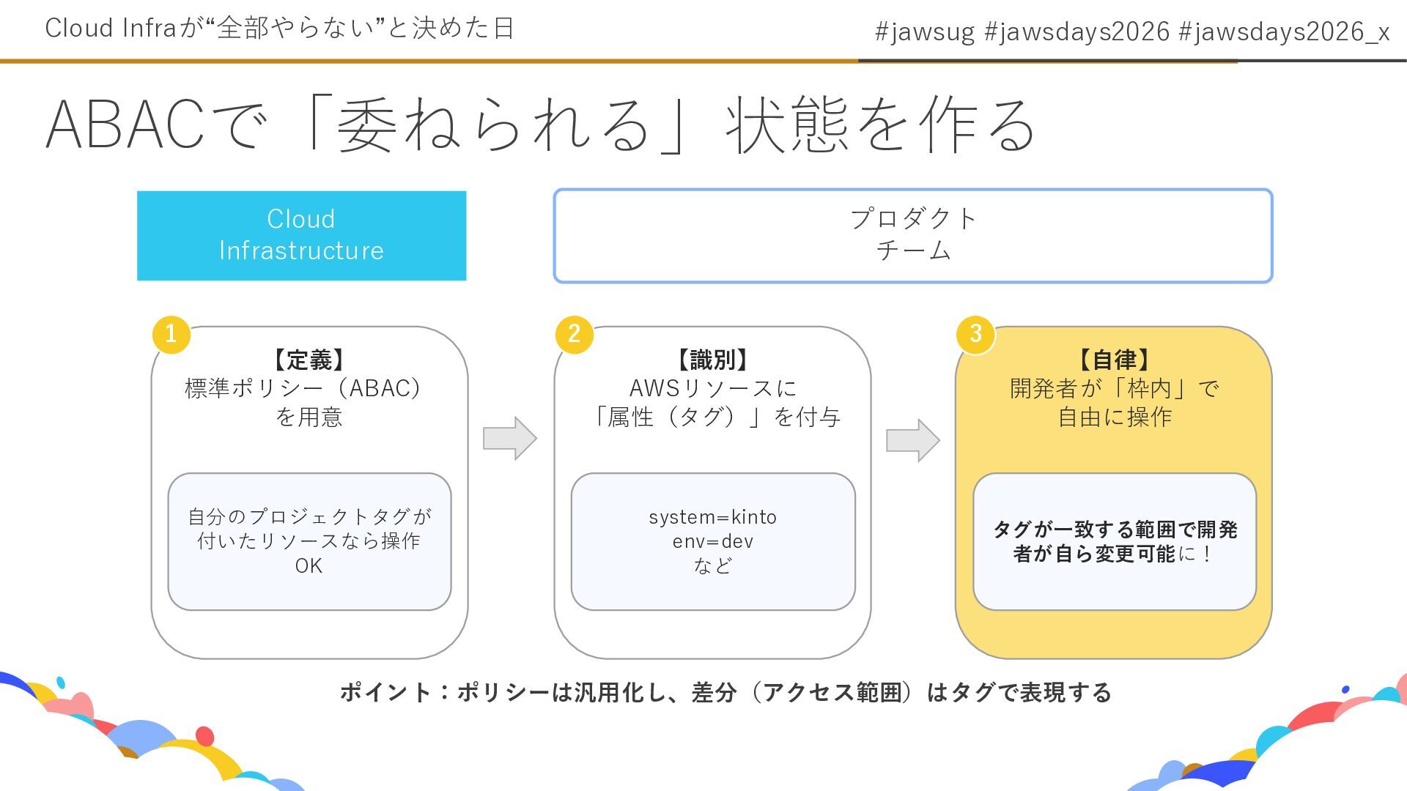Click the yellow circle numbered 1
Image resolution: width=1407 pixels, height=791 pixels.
tap(171, 334)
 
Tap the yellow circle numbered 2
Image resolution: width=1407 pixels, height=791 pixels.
tap(574, 334)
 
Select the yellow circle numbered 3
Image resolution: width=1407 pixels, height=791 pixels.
tap(975, 334)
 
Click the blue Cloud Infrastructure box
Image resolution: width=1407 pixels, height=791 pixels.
tap(301, 235)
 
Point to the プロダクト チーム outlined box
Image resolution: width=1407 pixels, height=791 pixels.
tap(912, 235)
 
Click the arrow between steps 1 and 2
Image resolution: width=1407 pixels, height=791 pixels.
tap(510, 439)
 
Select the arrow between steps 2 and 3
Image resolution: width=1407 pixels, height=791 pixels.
tap(912, 440)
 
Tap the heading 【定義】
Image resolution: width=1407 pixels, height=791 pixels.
tap(309, 360)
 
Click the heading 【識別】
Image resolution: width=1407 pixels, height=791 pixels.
tap(712, 360)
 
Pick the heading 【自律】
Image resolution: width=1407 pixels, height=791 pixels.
tap(1114, 360)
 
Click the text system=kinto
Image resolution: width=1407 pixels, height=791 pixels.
tap(712, 517)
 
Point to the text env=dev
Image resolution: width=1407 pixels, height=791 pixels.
tap(712, 541)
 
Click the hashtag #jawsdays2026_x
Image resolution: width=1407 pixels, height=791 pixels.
tap(1284, 31)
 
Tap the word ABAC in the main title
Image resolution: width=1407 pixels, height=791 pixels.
tap(125, 125)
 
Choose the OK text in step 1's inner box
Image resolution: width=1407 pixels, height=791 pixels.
tap(309, 565)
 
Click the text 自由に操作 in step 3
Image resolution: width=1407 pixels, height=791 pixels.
tap(1114, 417)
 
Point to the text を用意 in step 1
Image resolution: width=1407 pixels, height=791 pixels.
tap(309, 417)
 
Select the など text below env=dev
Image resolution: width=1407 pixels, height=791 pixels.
tap(712, 565)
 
